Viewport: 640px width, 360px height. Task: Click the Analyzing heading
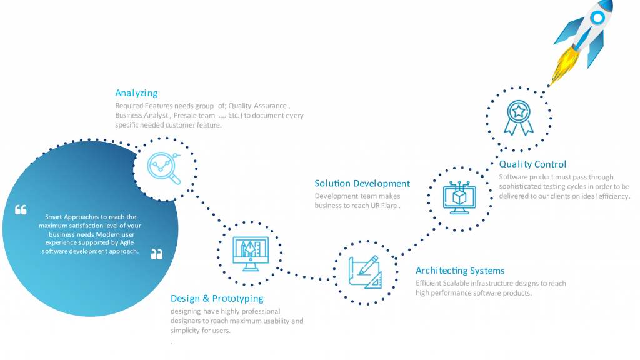136,93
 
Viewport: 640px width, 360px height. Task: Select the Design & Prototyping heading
217,298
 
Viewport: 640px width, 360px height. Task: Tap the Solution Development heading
362,183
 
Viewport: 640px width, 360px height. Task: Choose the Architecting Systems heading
460,271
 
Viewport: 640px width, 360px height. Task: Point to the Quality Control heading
532,164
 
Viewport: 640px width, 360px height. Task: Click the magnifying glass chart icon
164,168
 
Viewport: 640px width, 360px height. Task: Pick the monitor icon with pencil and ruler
251,254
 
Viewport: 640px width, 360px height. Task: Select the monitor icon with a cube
459,197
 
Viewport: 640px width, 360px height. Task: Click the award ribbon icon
518,117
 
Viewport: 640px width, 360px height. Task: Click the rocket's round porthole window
597,17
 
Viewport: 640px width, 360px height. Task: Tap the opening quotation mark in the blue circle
21,209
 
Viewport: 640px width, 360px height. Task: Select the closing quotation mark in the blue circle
157,254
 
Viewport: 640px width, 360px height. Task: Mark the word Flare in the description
389,206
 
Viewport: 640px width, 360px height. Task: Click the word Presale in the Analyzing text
184,116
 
